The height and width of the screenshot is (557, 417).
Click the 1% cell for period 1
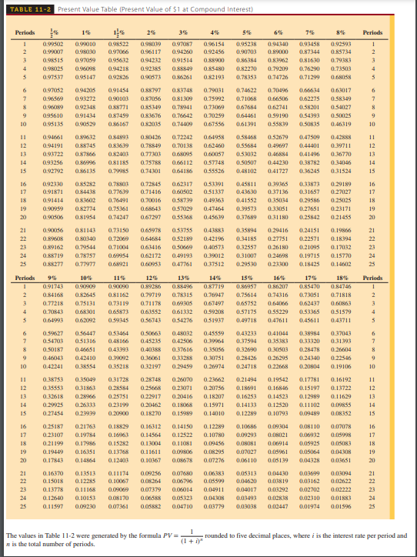click(x=90, y=45)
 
